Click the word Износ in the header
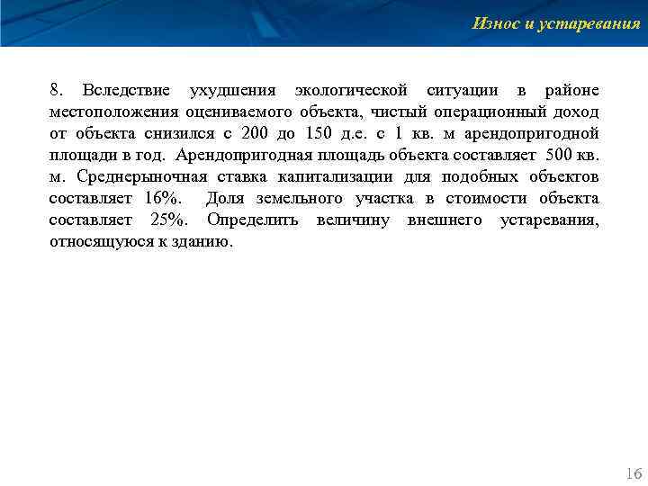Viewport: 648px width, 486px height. pyautogui.click(x=493, y=23)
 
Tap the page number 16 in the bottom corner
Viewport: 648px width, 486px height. pyautogui.click(x=633, y=473)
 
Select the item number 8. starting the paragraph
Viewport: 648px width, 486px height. pyautogui.click(x=57, y=91)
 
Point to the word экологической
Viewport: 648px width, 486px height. pyautogui.click(x=352, y=91)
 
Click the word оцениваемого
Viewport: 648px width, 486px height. pyautogui.click(x=231, y=112)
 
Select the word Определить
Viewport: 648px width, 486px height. pyautogui.click(x=256, y=220)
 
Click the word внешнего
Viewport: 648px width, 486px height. pyautogui.click(x=445, y=220)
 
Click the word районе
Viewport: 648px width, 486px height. pyautogui.click(x=572, y=91)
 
